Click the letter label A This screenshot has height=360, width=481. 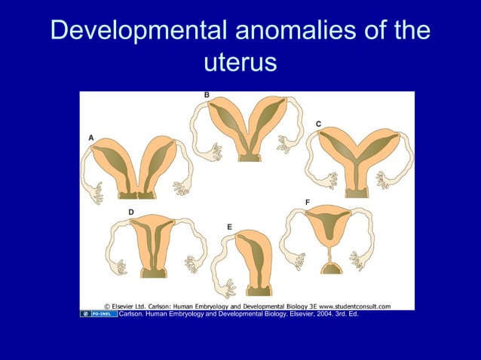(91, 138)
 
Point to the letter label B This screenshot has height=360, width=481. (207, 95)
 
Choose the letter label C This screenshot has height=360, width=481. (318, 123)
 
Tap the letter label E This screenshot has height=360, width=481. (229, 226)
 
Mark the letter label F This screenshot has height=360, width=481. (306, 203)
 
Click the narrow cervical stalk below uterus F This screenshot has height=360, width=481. (330, 256)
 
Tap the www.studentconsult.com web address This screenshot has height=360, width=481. (354, 307)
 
